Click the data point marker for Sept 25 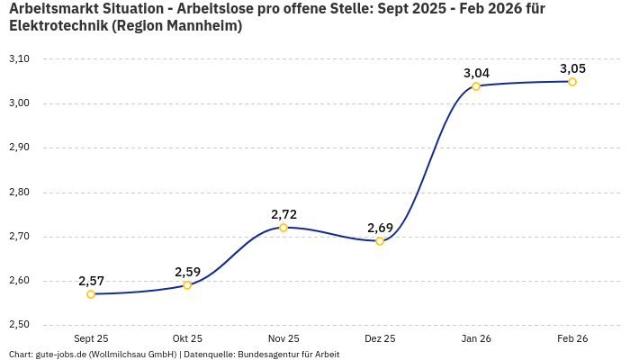coord(91,294)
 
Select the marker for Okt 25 coord(187,285)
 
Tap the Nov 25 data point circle coord(283,228)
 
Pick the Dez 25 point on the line coord(380,241)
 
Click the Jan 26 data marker coord(476,86)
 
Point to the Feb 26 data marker coord(572,82)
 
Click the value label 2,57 coord(91,281)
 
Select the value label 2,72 coord(283,214)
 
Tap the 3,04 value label coord(476,73)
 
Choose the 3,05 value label coord(572,68)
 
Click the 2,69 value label coord(380,228)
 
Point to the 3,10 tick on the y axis coord(19,59)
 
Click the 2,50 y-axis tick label coord(19,325)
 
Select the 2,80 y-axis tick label coord(19,193)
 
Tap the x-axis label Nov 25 coord(283,339)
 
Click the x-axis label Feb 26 coord(572,339)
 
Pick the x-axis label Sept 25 coord(91,339)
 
